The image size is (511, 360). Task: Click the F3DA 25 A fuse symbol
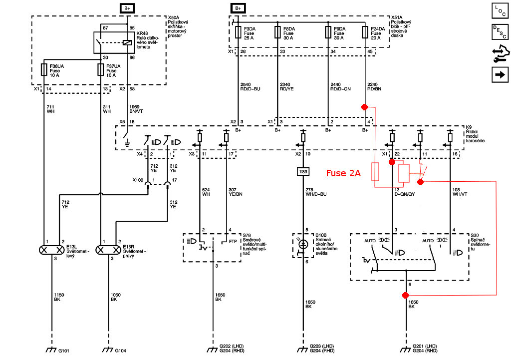click(x=239, y=32)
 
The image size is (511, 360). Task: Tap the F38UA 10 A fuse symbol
click(x=44, y=69)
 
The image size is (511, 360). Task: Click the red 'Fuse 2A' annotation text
click(x=343, y=173)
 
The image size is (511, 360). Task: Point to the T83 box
click(x=303, y=172)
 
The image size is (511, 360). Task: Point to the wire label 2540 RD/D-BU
click(x=250, y=86)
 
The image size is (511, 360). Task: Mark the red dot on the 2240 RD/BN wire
click(x=365, y=107)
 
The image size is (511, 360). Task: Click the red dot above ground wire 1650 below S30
click(x=405, y=296)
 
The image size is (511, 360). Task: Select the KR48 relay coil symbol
click(x=128, y=43)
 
